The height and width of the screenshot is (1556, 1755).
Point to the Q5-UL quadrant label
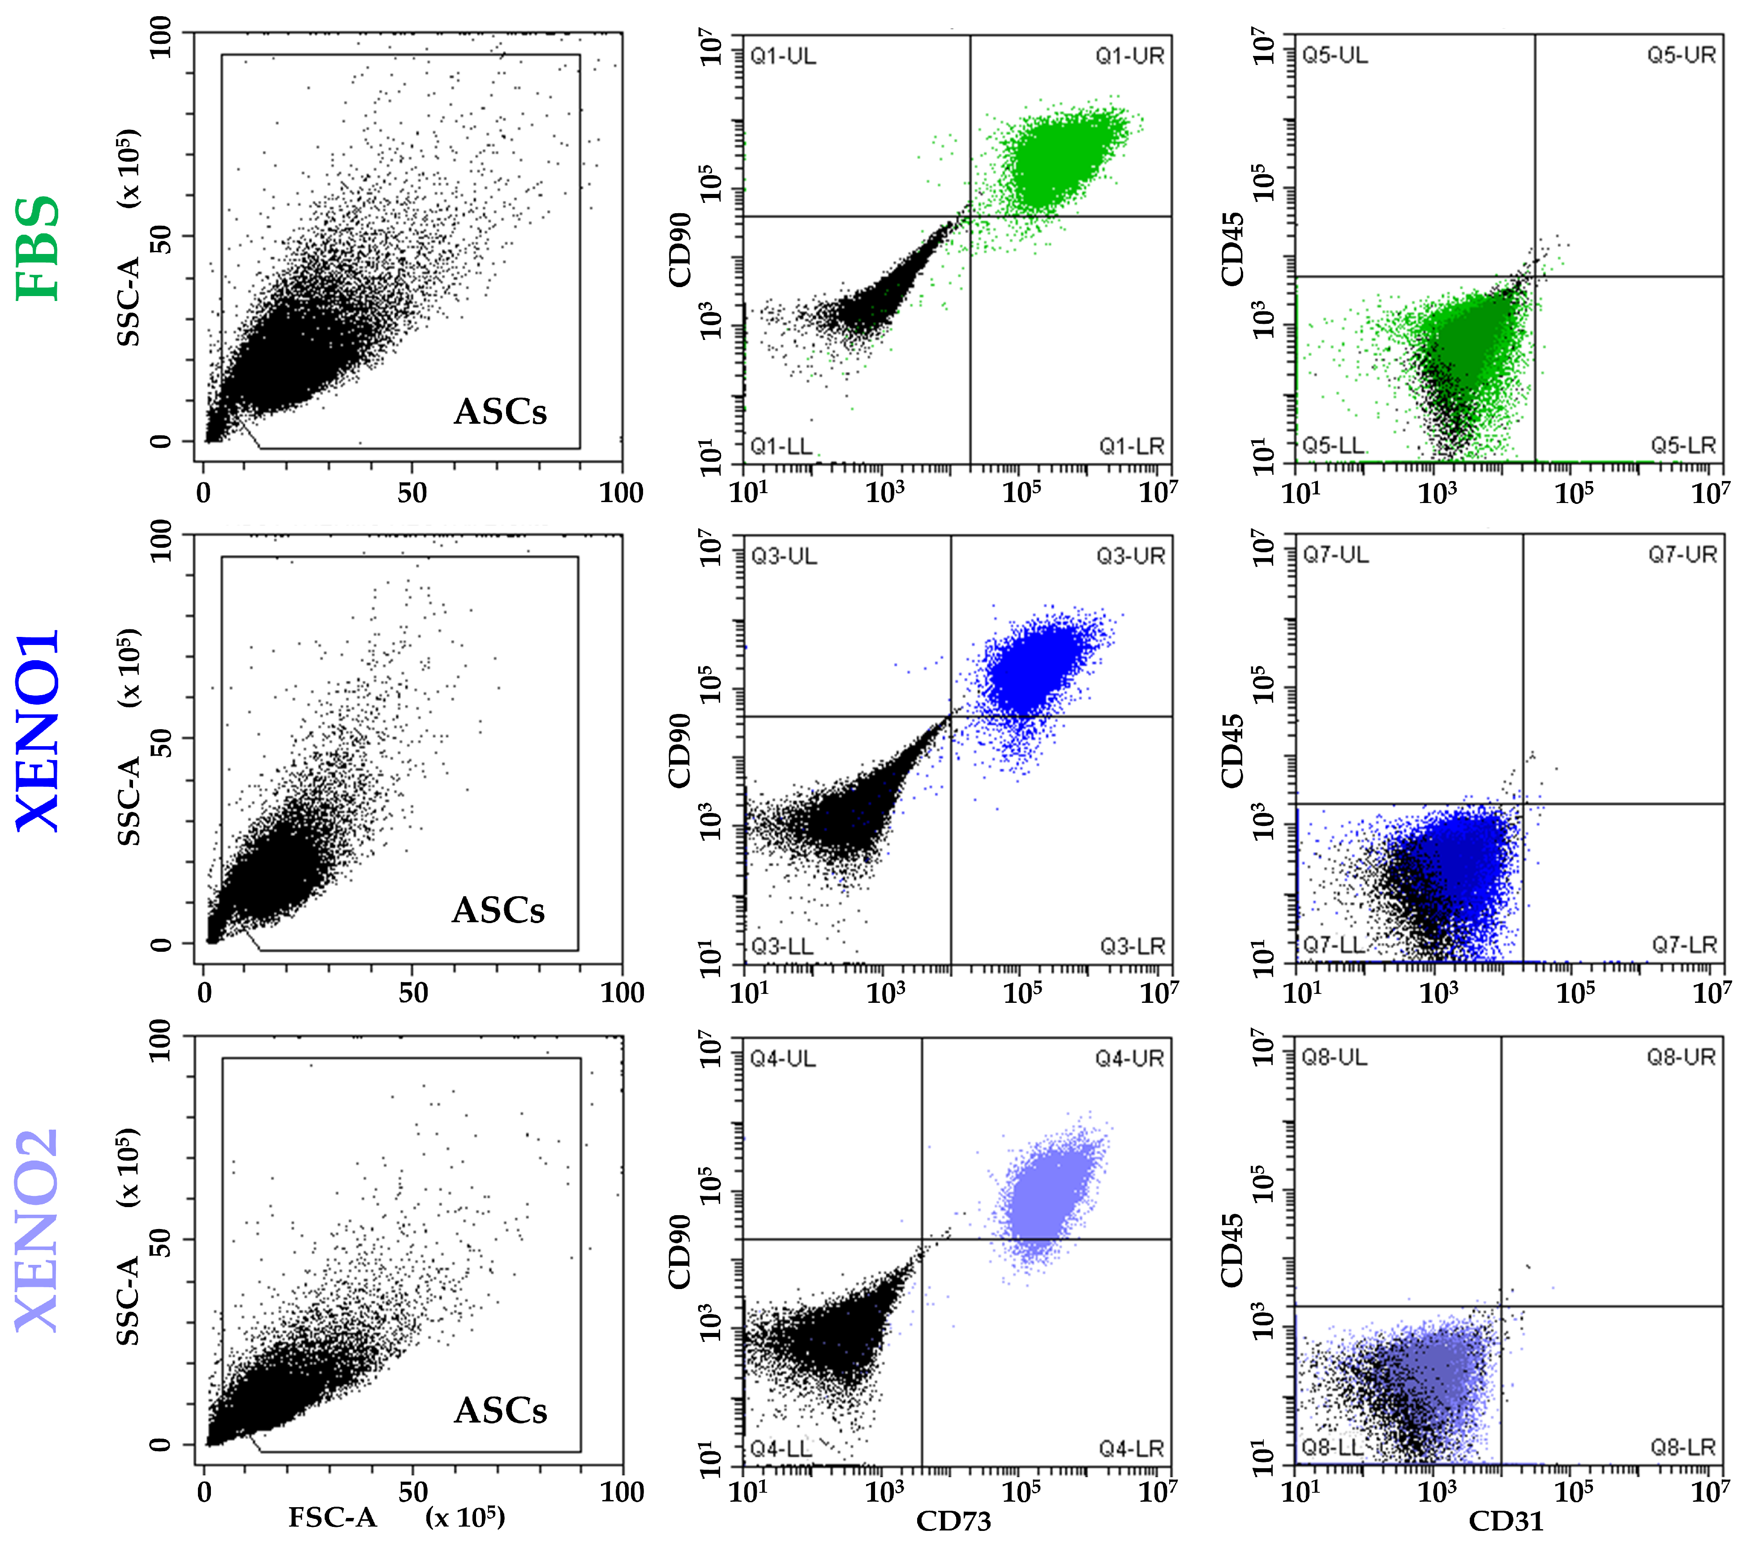[x=1335, y=56]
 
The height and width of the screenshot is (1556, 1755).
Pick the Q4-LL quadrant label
[x=780, y=1449]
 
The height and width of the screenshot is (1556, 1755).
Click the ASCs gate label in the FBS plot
[x=500, y=412]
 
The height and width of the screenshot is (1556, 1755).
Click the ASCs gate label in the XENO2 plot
[x=500, y=1411]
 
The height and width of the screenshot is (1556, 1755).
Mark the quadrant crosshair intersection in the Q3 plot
[x=950, y=716]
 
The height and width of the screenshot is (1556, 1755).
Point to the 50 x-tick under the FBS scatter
[x=412, y=493]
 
